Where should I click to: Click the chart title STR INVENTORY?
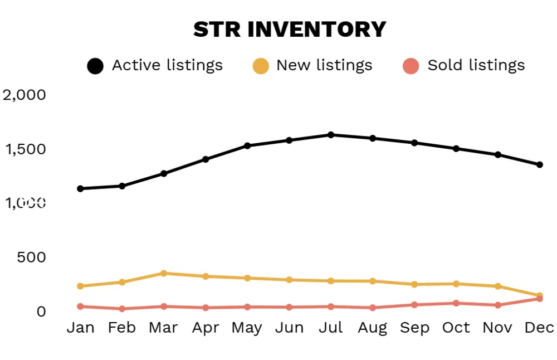pyautogui.click(x=290, y=30)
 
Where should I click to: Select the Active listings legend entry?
pyautogui.click(x=155, y=66)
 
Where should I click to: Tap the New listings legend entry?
pyautogui.click(x=312, y=66)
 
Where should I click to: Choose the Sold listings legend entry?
pyautogui.click(x=464, y=66)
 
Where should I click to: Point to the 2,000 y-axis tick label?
pyautogui.click(x=25, y=95)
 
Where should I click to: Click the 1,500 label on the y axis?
pyautogui.click(x=25, y=149)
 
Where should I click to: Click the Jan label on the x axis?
pyautogui.click(x=80, y=328)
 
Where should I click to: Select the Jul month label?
pyautogui.click(x=331, y=328)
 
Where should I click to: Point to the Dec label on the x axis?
pyautogui.click(x=539, y=328)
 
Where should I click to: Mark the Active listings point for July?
pyautogui.click(x=331, y=135)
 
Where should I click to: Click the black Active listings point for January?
pyautogui.click(x=80, y=189)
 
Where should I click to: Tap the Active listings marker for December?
pyautogui.click(x=540, y=165)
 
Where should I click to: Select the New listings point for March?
pyautogui.click(x=164, y=274)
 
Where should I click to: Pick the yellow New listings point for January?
pyautogui.click(x=80, y=286)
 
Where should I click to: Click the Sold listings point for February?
pyautogui.click(x=122, y=309)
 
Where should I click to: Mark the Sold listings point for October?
pyautogui.click(x=456, y=303)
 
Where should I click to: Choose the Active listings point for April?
pyautogui.click(x=206, y=159)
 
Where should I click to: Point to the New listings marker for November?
pyautogui.click(x=498, y=286)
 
